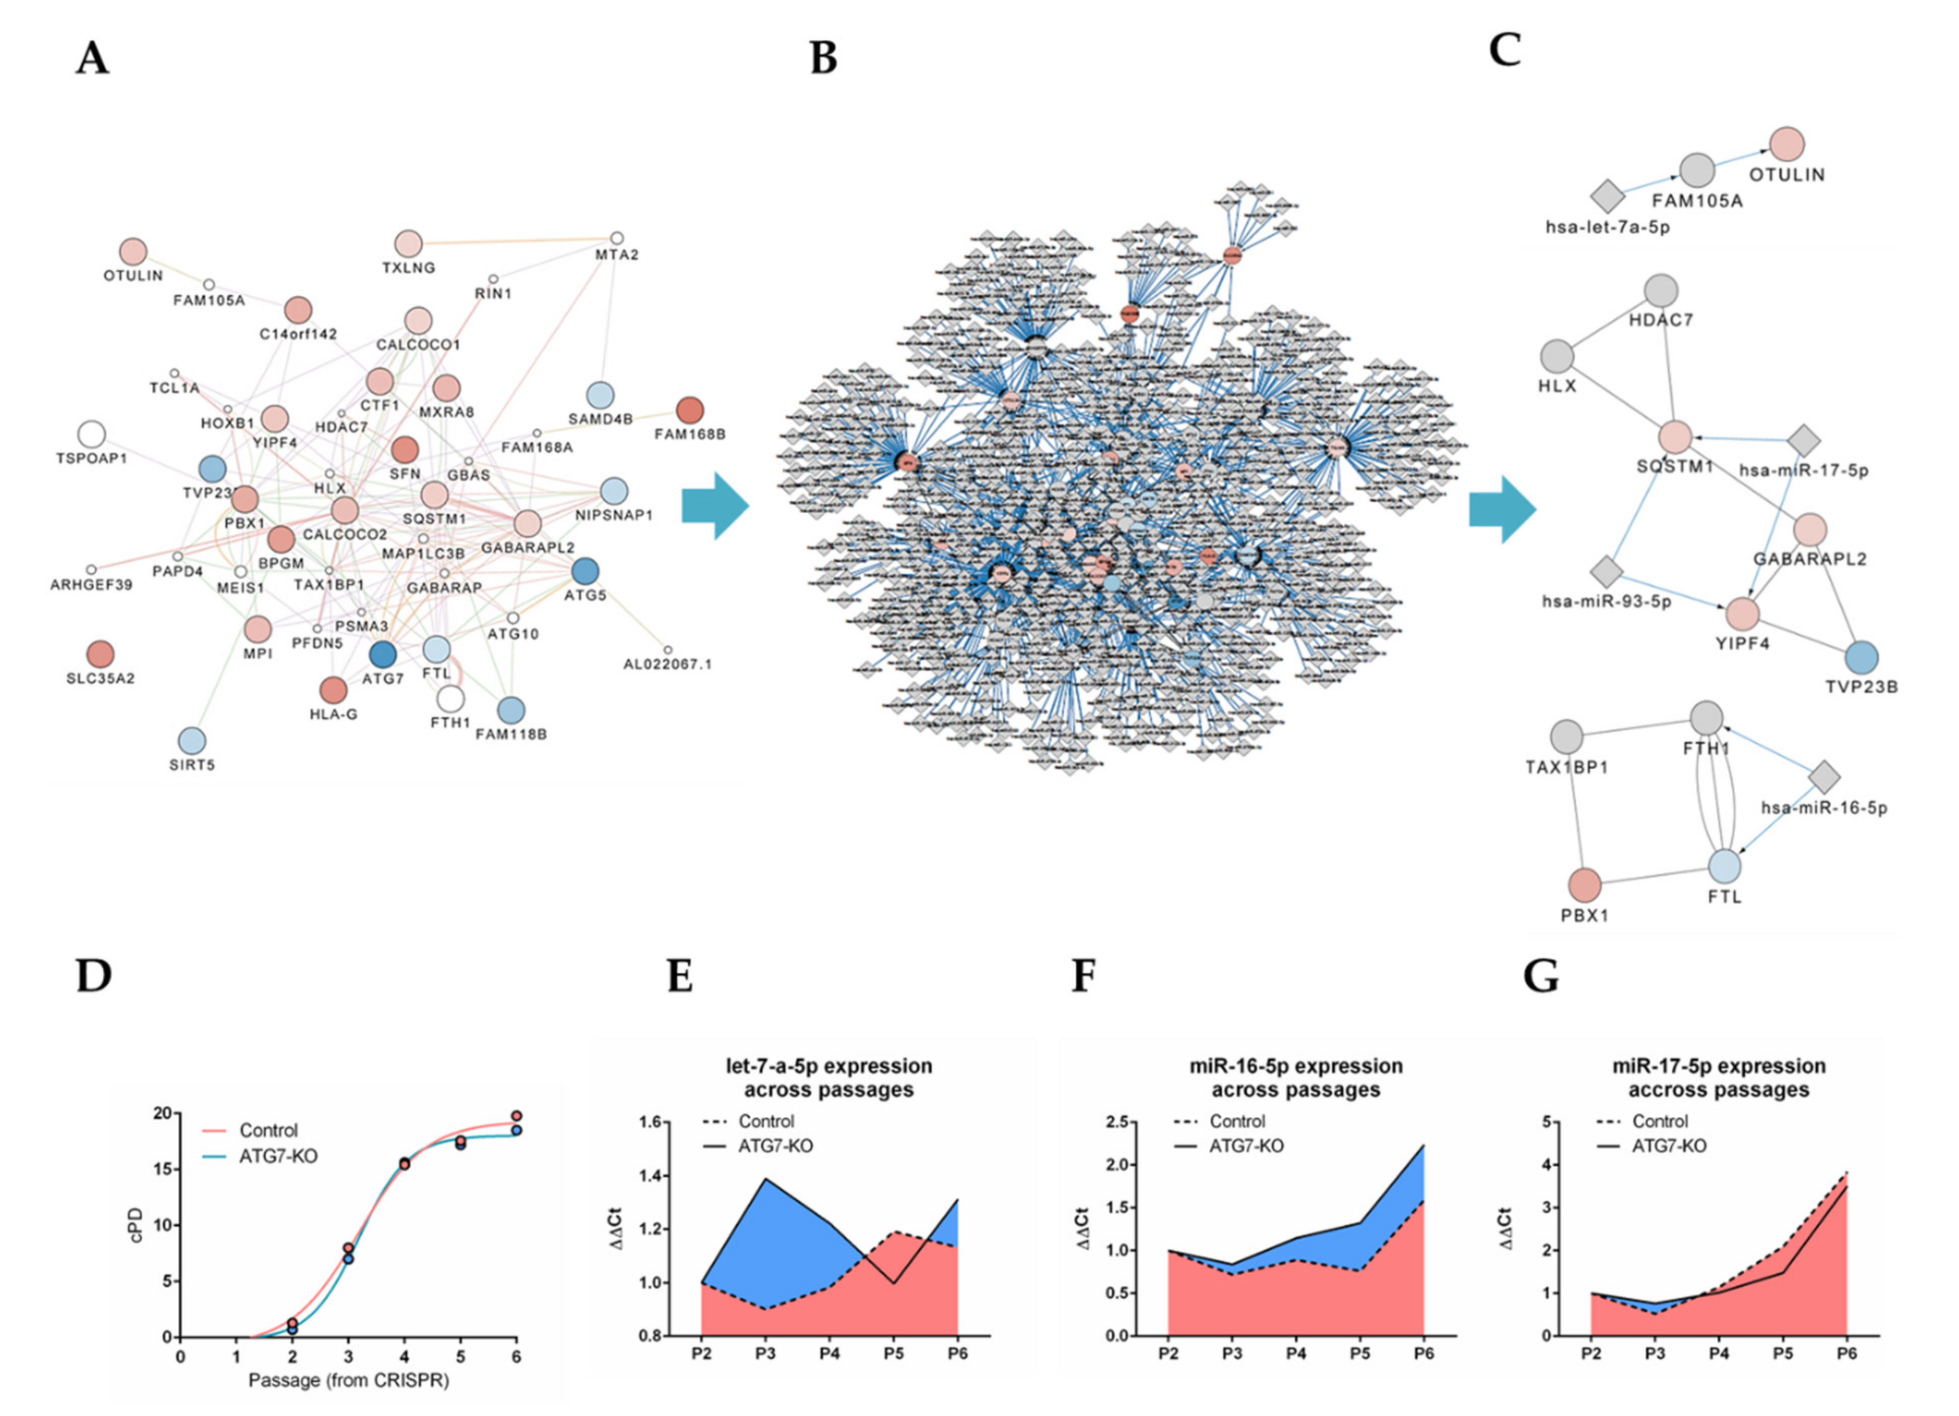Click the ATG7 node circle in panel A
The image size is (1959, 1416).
click(x=382, y=654)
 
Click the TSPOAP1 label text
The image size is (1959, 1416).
click(x=92, y=458)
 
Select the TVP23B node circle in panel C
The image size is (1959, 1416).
click(x=1861, y=658)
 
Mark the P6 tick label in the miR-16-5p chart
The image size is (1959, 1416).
click(x=1423, y=1353)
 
